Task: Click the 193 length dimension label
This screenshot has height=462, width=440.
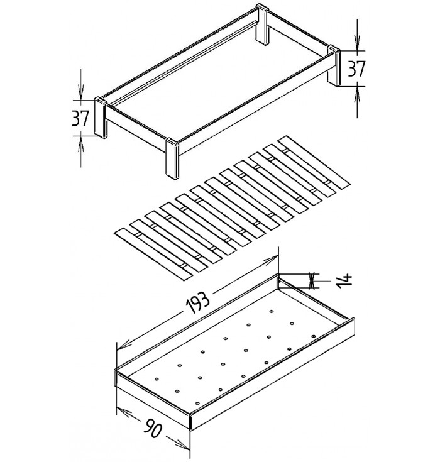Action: (198, 303)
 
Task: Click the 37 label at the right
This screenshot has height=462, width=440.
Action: (356, 69)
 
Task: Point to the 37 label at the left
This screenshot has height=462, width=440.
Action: (80, 118)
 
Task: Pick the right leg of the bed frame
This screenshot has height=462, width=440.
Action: (333, 65)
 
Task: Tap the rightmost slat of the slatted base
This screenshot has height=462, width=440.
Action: (314, 161)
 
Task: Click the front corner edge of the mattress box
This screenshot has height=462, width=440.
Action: (190, 421)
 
